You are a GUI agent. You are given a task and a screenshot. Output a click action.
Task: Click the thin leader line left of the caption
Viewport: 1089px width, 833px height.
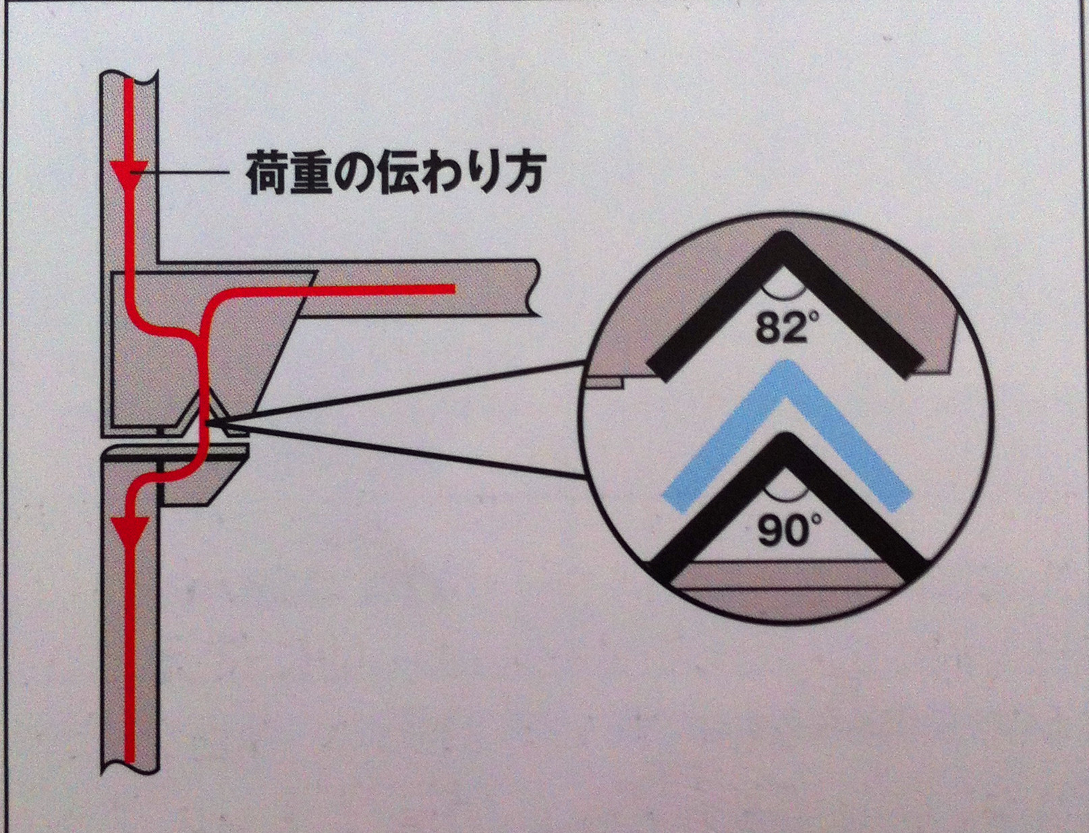182,173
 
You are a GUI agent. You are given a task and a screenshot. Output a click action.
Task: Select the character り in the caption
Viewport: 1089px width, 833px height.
480,174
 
